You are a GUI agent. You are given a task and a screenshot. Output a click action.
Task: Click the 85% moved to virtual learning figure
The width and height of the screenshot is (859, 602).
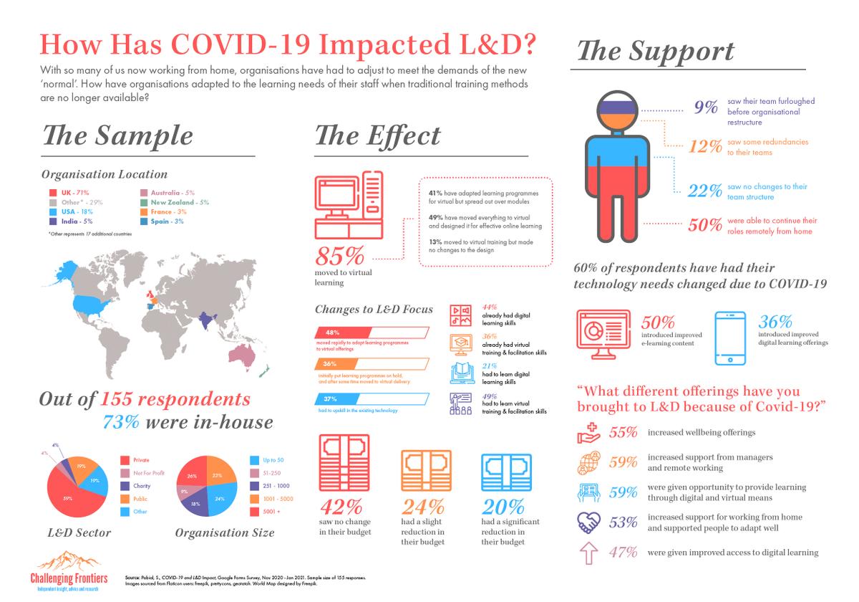click(340, 257)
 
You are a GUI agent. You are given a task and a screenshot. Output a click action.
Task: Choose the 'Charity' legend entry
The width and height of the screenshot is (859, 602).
click(142, 486)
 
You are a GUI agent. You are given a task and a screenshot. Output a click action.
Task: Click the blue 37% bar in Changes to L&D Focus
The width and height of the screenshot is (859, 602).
click(371, 398)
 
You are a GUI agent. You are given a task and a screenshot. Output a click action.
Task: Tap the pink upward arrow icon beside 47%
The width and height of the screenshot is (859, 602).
click(589, 553)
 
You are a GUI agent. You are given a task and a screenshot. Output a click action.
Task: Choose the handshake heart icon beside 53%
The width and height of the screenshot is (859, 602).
click(589, 523)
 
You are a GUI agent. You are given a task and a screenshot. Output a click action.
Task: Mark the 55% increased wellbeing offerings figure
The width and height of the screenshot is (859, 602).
click(623, 433)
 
